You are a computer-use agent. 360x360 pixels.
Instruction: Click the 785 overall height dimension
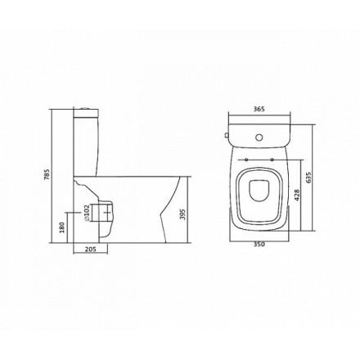coord(47,175)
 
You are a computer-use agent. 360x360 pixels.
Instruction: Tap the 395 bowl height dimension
coord(183,214)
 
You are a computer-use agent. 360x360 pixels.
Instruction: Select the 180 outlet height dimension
coord(61,227)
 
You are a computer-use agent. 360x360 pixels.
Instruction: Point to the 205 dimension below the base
coord(91,249)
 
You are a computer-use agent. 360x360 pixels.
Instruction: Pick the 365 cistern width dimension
coord(259,109)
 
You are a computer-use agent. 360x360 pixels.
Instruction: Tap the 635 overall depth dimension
coord(308,178)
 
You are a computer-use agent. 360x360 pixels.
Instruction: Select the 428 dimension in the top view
coord(297,195)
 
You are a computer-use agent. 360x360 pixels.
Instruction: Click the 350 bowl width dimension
coord(259,245)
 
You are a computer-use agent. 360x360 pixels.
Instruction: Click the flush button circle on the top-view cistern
coord(259,137)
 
